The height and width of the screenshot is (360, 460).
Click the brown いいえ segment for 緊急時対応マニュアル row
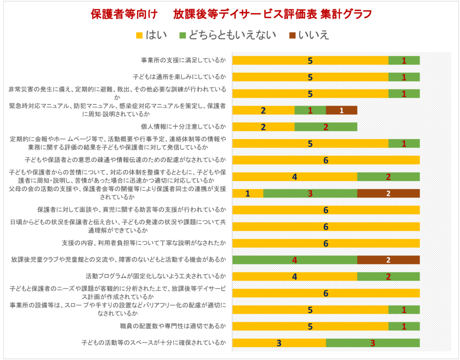click(x=341, y=110)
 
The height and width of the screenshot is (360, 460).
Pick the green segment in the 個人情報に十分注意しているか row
click(x=326, y=127)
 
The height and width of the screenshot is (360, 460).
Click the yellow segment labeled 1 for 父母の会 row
click(x=248, y=193)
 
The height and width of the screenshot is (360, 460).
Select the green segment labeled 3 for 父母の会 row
click(x=310, y=193)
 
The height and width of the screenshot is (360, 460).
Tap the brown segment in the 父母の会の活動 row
click(x=388, y=193)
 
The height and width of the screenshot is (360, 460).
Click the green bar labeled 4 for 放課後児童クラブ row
click(x=294, y=260)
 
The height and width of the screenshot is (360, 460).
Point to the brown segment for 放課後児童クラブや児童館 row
click(x=388, y=260)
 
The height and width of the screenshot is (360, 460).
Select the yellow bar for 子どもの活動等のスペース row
click(x=279, y=343)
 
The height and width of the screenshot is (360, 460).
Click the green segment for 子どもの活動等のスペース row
click(x=373, y=343)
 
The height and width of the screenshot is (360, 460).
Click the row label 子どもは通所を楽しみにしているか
click(x=179, y=77)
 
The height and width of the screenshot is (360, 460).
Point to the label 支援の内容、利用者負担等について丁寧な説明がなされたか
click(x=143, y=243)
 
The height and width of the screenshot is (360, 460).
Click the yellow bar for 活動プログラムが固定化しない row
click(x=294, y=277)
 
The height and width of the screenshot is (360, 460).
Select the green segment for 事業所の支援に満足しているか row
click(x=404, y=61)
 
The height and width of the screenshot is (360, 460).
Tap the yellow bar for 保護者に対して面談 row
click(x=326, y=210)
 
